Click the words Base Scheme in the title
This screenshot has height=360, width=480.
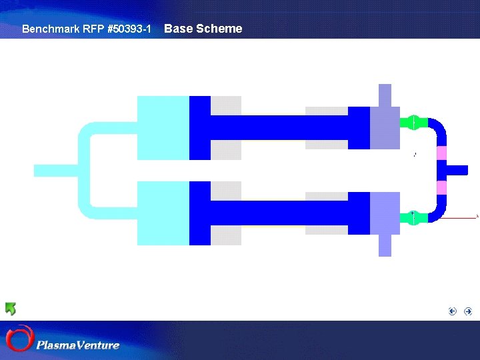pyautogui.click(x=203, y=29)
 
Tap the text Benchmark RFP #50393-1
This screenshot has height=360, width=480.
pyautogui.click(x=87, y=29)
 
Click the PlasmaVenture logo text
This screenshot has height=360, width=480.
pyautogui.click(x=78, y=345)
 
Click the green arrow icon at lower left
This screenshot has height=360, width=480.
pyautogui.click(x=11, y=309)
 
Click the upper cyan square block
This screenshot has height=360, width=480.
pyautogui.click(x=163, y=128)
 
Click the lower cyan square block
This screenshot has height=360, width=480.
pyautogui.click(x=163, y=213)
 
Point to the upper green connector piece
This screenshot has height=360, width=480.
pyautogui.click(x=413, y=123)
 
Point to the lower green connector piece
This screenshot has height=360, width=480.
pyautogui.click(x=413, y=217)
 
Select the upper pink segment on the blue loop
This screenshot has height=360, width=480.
pyautogui.click(x=441, y=153)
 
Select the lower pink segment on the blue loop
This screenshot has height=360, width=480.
pyautogui.click(x=441, y=187)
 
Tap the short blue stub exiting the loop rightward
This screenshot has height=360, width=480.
pyautogui.click(x=457, y=170)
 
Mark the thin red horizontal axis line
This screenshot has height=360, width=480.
pyautogui.click(x=460, y=217)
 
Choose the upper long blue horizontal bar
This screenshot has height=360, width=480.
pyautogui.click(x=280, y=127)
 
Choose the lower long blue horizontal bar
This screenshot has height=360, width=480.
pyautogui.click(x=280, y=213)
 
